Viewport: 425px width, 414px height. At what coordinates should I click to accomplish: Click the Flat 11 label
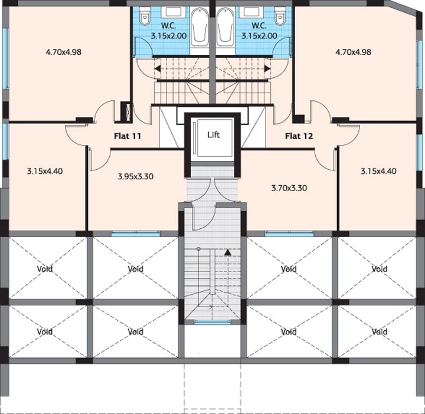[x=127, y=136]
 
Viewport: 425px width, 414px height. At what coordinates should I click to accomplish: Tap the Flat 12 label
[x=299, y=136]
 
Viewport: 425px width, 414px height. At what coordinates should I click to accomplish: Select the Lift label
[x=213, y=134]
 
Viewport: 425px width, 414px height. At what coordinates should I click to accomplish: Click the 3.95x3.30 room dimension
[x=136, y=176]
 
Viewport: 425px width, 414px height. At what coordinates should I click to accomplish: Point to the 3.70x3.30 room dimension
[x=289, y=188]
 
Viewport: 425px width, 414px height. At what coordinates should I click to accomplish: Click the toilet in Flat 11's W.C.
[x=145, y=16]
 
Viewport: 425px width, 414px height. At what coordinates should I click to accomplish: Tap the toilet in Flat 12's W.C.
[x=280, y=16]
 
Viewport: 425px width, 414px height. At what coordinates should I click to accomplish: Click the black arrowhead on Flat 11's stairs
[x=158, y=68]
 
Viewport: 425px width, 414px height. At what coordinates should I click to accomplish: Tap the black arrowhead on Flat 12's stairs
[x=267, y=68]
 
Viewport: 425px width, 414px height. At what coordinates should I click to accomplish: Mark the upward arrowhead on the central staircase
[x=228, y=252]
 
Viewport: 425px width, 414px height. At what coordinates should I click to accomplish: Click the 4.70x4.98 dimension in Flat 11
[x=64, y=52]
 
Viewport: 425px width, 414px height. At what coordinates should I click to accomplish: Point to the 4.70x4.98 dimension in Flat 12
[x=353, y=52]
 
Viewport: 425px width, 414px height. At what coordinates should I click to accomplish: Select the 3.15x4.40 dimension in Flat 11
[x=45, y=171]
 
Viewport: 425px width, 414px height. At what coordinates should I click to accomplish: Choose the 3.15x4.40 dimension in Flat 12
[x=378, y=171]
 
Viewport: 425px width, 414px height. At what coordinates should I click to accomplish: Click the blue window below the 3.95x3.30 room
[x=136, y=234]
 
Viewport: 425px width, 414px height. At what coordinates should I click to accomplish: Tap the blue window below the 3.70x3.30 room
[x=289, y=234]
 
